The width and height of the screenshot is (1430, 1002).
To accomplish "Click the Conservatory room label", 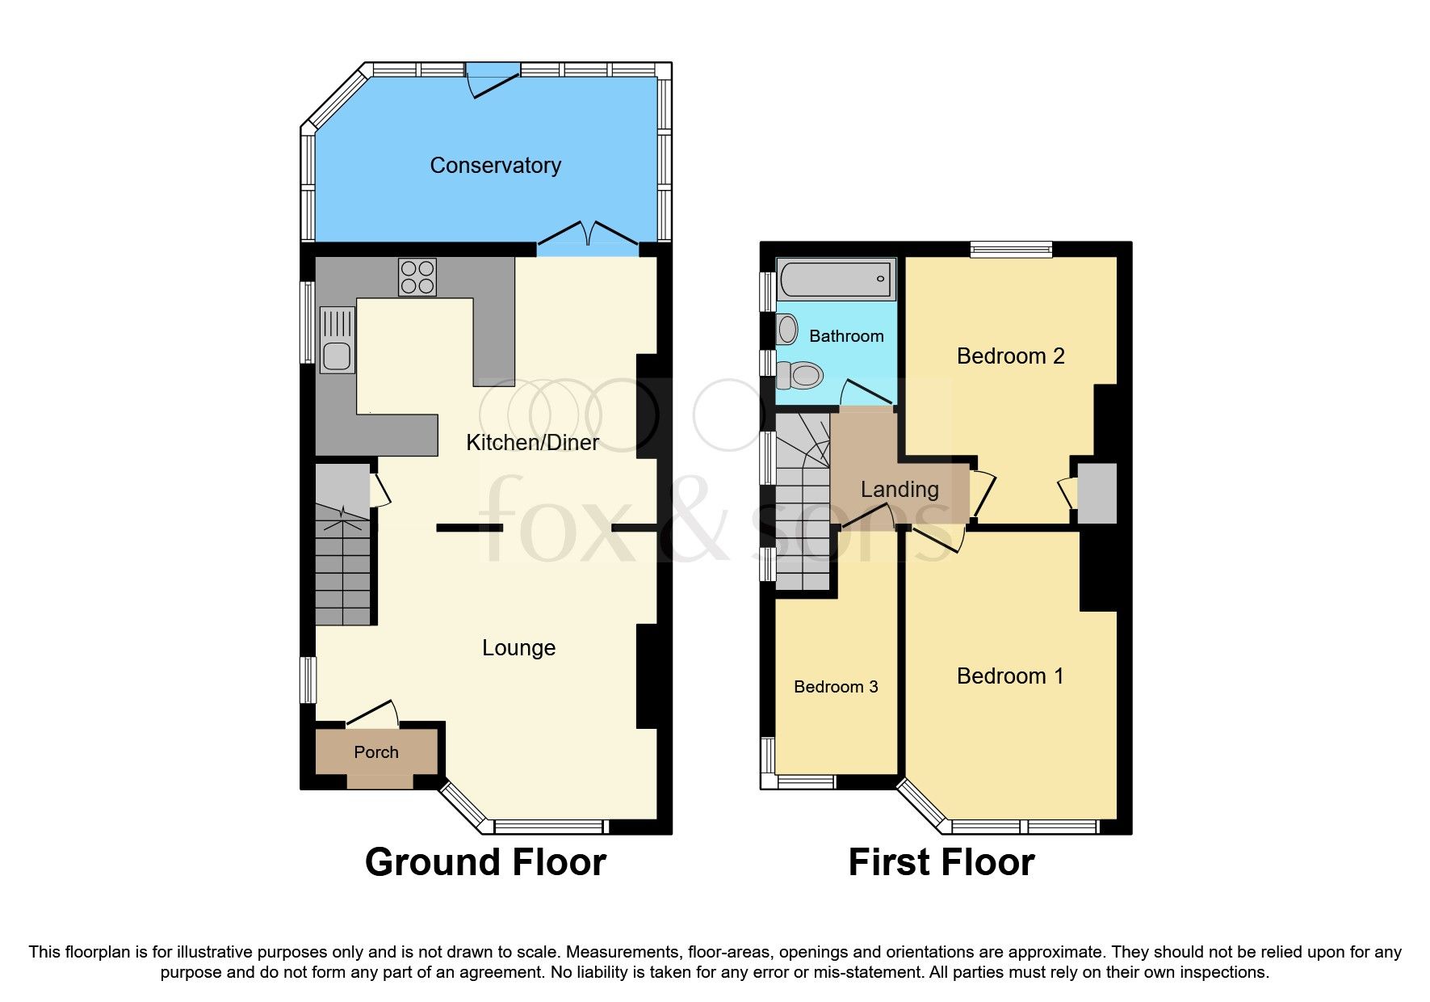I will click(x=495, y=166).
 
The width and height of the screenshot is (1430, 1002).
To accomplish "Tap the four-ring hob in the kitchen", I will click(x=417, y=277).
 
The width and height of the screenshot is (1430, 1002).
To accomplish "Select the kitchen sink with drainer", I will click(x=337, y=340).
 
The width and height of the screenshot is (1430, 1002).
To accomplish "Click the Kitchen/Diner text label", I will click(x=532, y=442).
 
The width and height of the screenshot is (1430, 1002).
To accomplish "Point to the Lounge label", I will click(x=518, y=648).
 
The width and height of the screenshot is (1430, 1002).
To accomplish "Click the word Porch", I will click(x=376, y=752).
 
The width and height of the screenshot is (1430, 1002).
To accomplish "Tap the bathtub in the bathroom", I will click(x=836, y=280).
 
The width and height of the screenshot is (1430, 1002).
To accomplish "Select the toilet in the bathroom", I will click(x=800, y=375).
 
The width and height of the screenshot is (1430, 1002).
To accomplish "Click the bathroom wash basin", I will click(x=787, y=330).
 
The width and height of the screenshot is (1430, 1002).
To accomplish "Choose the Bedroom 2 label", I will click(x=1010, y=356).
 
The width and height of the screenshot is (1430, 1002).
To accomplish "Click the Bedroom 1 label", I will click(x=1009, y=676).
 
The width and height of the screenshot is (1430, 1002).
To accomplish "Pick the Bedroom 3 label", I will click(x=836, y=687).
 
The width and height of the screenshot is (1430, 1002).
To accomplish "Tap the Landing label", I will click(x=900, y=490).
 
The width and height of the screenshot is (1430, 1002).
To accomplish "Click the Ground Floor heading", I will click(x=485, y=862).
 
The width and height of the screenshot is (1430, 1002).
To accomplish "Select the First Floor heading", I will click(x=941, y=862).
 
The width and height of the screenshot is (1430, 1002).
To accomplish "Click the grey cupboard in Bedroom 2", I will click(x=1097, y=493).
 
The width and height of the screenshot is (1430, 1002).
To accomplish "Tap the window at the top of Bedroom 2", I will click(x=1011, y=249).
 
